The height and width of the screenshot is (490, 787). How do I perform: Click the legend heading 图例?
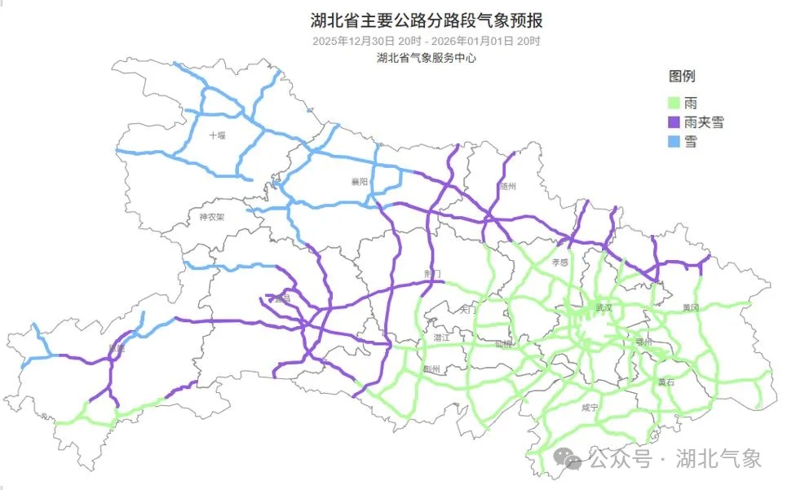point(682,77)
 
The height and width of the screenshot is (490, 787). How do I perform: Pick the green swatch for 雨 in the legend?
point(674,104)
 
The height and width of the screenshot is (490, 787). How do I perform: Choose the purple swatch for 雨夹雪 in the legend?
point(674,122)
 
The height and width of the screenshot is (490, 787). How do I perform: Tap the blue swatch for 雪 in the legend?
point(674,141)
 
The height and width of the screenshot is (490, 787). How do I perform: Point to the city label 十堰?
point(217,135)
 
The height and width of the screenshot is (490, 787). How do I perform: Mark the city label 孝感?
point(559,263)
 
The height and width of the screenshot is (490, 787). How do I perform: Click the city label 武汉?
point(604,307)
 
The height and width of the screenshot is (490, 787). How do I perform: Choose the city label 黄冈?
point(691,307)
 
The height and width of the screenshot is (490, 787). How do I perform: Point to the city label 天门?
point(468,310)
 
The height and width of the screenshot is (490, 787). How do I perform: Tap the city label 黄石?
point(666,381)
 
